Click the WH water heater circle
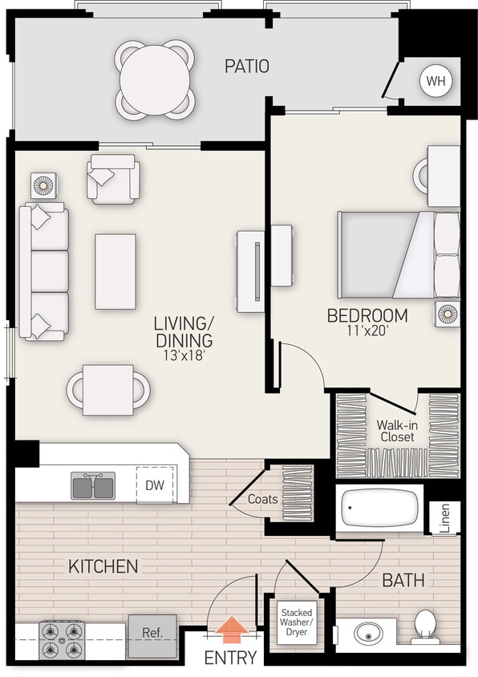435,80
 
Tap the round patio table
156,80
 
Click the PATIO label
246,66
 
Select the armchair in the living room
112,179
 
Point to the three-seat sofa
45,271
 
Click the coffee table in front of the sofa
115,271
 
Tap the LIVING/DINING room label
184,332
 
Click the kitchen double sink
93,485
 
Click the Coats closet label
262,499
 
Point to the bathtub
379,507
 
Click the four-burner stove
62,640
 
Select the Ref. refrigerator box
152,633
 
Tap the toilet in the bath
424,626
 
